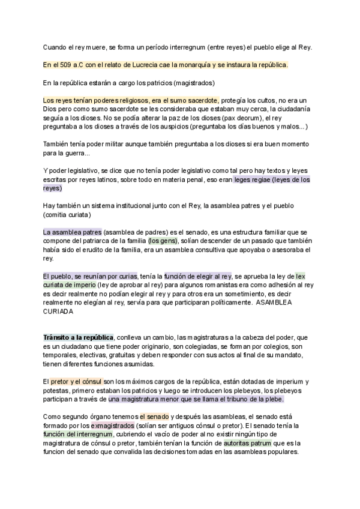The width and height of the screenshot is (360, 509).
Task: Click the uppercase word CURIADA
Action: (x=58, y=312)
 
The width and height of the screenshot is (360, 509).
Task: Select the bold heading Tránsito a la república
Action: (x=79, y=338)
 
